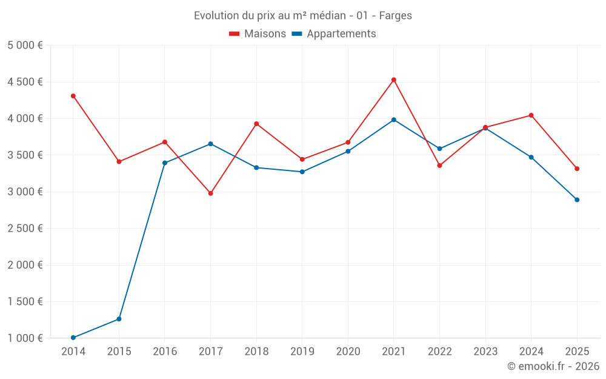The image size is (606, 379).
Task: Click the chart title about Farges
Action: click(303, 15)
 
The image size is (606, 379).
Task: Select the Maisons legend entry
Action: click(258, 34)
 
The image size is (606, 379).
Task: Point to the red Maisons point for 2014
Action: click(73, 96)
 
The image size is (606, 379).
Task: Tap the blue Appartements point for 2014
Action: click(73, 338)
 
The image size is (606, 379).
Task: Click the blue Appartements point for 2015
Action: click(119, 319)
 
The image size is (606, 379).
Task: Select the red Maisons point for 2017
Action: click(210, 193)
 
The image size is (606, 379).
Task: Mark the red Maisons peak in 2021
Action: click(394, 79)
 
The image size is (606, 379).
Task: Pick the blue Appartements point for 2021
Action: click(394, 119)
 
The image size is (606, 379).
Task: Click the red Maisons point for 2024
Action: click(531, 115)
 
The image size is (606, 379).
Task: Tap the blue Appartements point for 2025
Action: click(577, 200)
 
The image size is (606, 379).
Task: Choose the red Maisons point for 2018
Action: click(256, 124)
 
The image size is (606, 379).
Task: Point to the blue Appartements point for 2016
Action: click(165, 163)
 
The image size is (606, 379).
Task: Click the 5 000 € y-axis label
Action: click(25, 45)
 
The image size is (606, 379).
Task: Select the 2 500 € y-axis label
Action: click(25, 229)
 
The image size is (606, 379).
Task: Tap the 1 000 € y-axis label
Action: click(25, 338)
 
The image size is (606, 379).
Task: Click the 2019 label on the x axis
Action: click(302, 352)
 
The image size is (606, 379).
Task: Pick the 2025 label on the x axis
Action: click(577, 352)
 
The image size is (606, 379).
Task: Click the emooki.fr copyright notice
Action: click(553, 366)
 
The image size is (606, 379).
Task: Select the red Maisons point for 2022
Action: click(440, 166)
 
